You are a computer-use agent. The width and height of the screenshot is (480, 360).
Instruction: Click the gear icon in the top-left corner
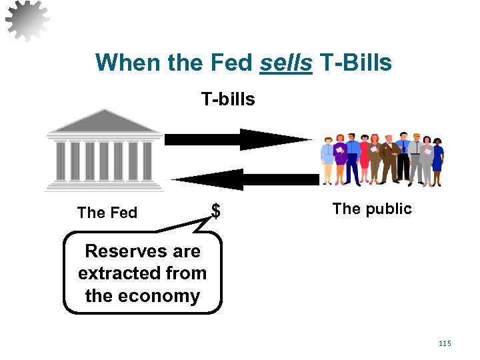27,19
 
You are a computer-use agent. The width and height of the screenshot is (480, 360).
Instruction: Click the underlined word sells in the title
285,63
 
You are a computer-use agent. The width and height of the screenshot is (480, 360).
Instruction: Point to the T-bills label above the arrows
228,99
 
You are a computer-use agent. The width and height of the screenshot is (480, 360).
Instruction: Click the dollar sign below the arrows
215,211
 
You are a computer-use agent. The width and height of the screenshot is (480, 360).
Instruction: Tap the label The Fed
107,213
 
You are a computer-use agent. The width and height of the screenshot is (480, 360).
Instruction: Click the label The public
372,209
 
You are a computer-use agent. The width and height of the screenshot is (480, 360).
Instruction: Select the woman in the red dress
364,159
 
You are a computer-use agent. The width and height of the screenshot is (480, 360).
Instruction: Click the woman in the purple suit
341,159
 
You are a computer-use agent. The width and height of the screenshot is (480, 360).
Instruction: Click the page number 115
445,343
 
